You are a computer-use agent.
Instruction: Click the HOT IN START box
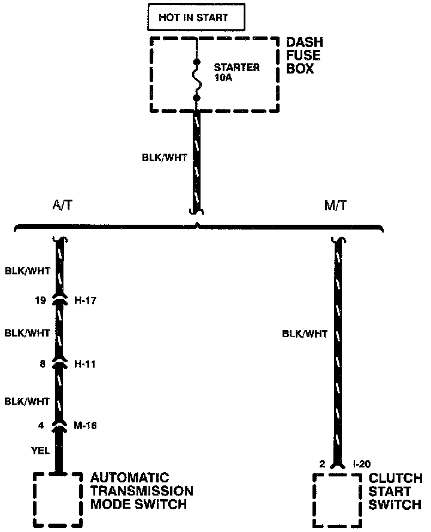(x=196, y=18)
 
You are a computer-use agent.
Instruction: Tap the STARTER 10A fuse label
(x=237, y=72)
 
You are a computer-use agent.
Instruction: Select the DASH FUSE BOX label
(x=304, y=56)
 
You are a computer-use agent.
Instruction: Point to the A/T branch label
(x=63, y=206)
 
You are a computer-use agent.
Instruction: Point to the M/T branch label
(x=335, y=206)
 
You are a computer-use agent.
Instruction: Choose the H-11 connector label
(x=86, y=363)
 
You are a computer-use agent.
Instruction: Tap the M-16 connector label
(x=86, y=426)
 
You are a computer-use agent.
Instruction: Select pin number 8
(x=43, y=363)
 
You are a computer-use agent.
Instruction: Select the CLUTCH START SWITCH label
(x=394, y=491)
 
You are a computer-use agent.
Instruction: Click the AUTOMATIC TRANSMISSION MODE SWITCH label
(x=141, y=491)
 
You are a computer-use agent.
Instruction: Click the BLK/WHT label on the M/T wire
(x=305, y=334)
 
